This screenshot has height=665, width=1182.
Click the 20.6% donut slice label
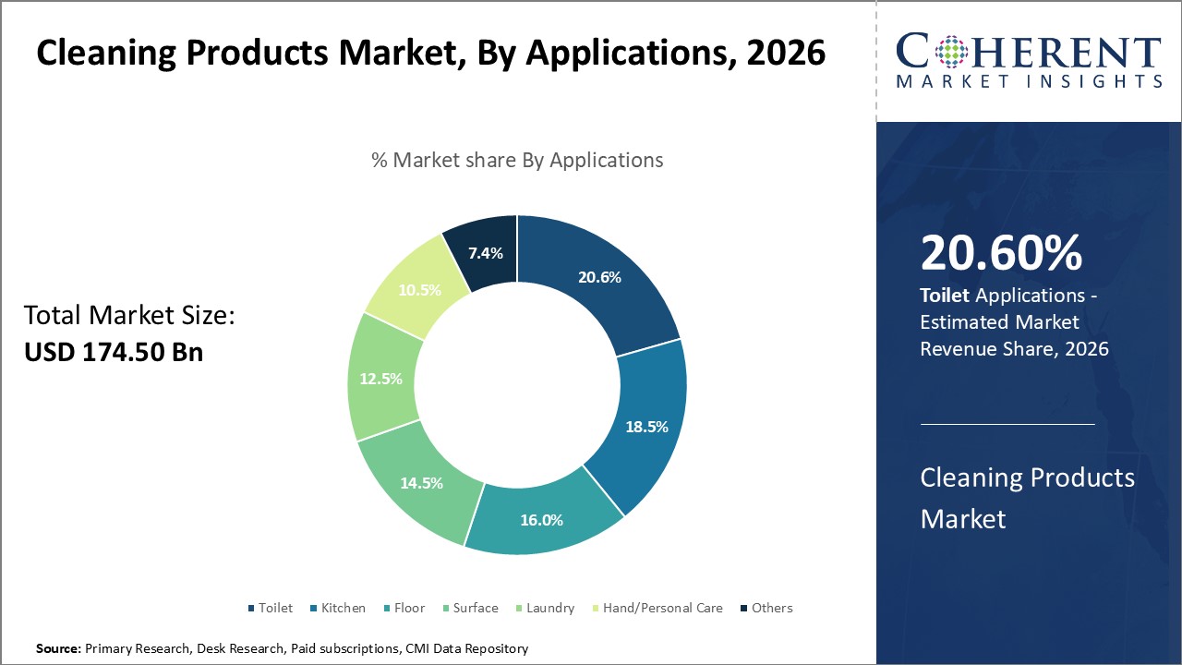click(x=598, y=277)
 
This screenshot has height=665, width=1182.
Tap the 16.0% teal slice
click(x=541, y=520)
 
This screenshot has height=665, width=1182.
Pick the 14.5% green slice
click(x=421, y=483)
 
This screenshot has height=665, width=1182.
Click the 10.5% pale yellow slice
click(x=418, y=290)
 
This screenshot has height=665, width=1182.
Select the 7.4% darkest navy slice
click(x=485, y=252)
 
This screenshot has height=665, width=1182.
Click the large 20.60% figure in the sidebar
click(x=1001, y=253)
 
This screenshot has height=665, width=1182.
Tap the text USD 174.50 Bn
click(x=113, y=352)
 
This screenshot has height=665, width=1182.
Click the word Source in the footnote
click(x=58, y=649)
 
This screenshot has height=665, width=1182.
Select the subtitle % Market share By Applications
click(x=517, y=160)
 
